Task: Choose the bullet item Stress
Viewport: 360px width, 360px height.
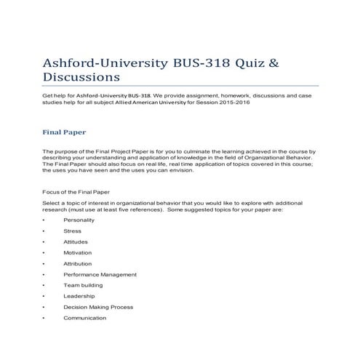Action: point(72,231)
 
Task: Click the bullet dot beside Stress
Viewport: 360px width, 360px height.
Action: point(44,231)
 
